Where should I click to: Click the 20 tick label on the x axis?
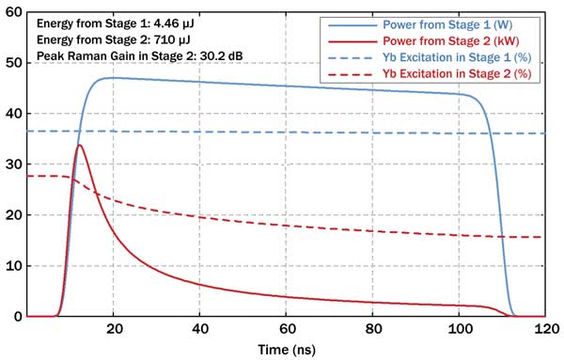113,328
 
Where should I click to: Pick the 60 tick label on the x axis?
286,328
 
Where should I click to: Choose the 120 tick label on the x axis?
543,328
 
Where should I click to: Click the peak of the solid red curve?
80,145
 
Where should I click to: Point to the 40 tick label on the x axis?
199,328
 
